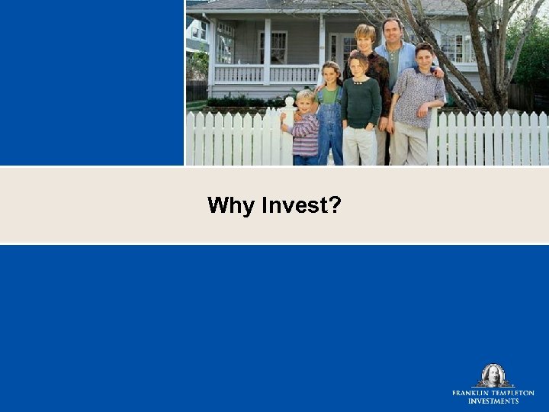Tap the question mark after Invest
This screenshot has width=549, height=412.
335,205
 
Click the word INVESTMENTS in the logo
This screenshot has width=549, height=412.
493,401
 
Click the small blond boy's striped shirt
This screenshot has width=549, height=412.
304,135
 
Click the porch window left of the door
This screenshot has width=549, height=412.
273,47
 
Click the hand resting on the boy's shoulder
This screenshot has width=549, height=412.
437,73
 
